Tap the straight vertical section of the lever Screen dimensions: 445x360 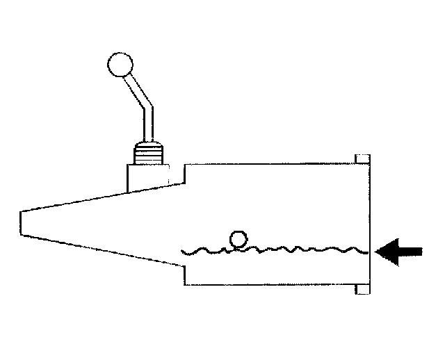click(147, 126)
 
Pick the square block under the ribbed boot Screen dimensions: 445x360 click(147, 176)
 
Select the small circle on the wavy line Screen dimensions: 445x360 click(238, 240)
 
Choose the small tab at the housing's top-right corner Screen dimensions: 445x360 click(362, 159)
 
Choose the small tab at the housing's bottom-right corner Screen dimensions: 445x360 click(362, 289)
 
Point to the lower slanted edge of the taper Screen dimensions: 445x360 click(104, 248)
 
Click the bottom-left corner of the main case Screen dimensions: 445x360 click(186, 284)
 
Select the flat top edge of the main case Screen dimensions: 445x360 click(271, 164)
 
